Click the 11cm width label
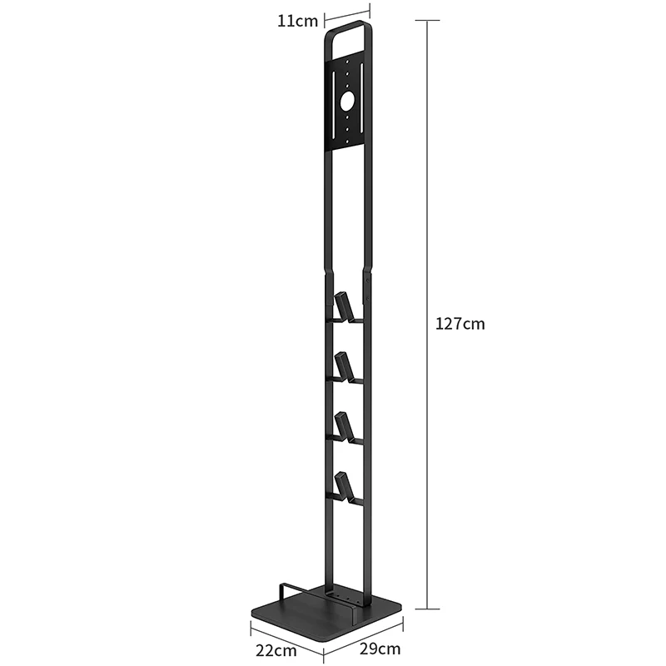(298, 21)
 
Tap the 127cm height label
(460, 324)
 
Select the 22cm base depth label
(276, 649)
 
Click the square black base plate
(333, 616)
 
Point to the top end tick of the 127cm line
(428, 20)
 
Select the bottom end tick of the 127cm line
(428, 609)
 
